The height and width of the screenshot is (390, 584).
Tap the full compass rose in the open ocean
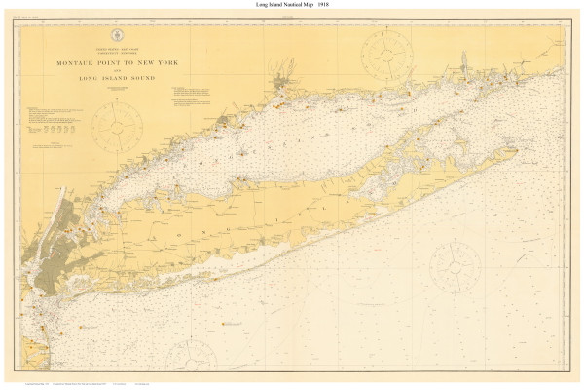(x=454, y=264)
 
